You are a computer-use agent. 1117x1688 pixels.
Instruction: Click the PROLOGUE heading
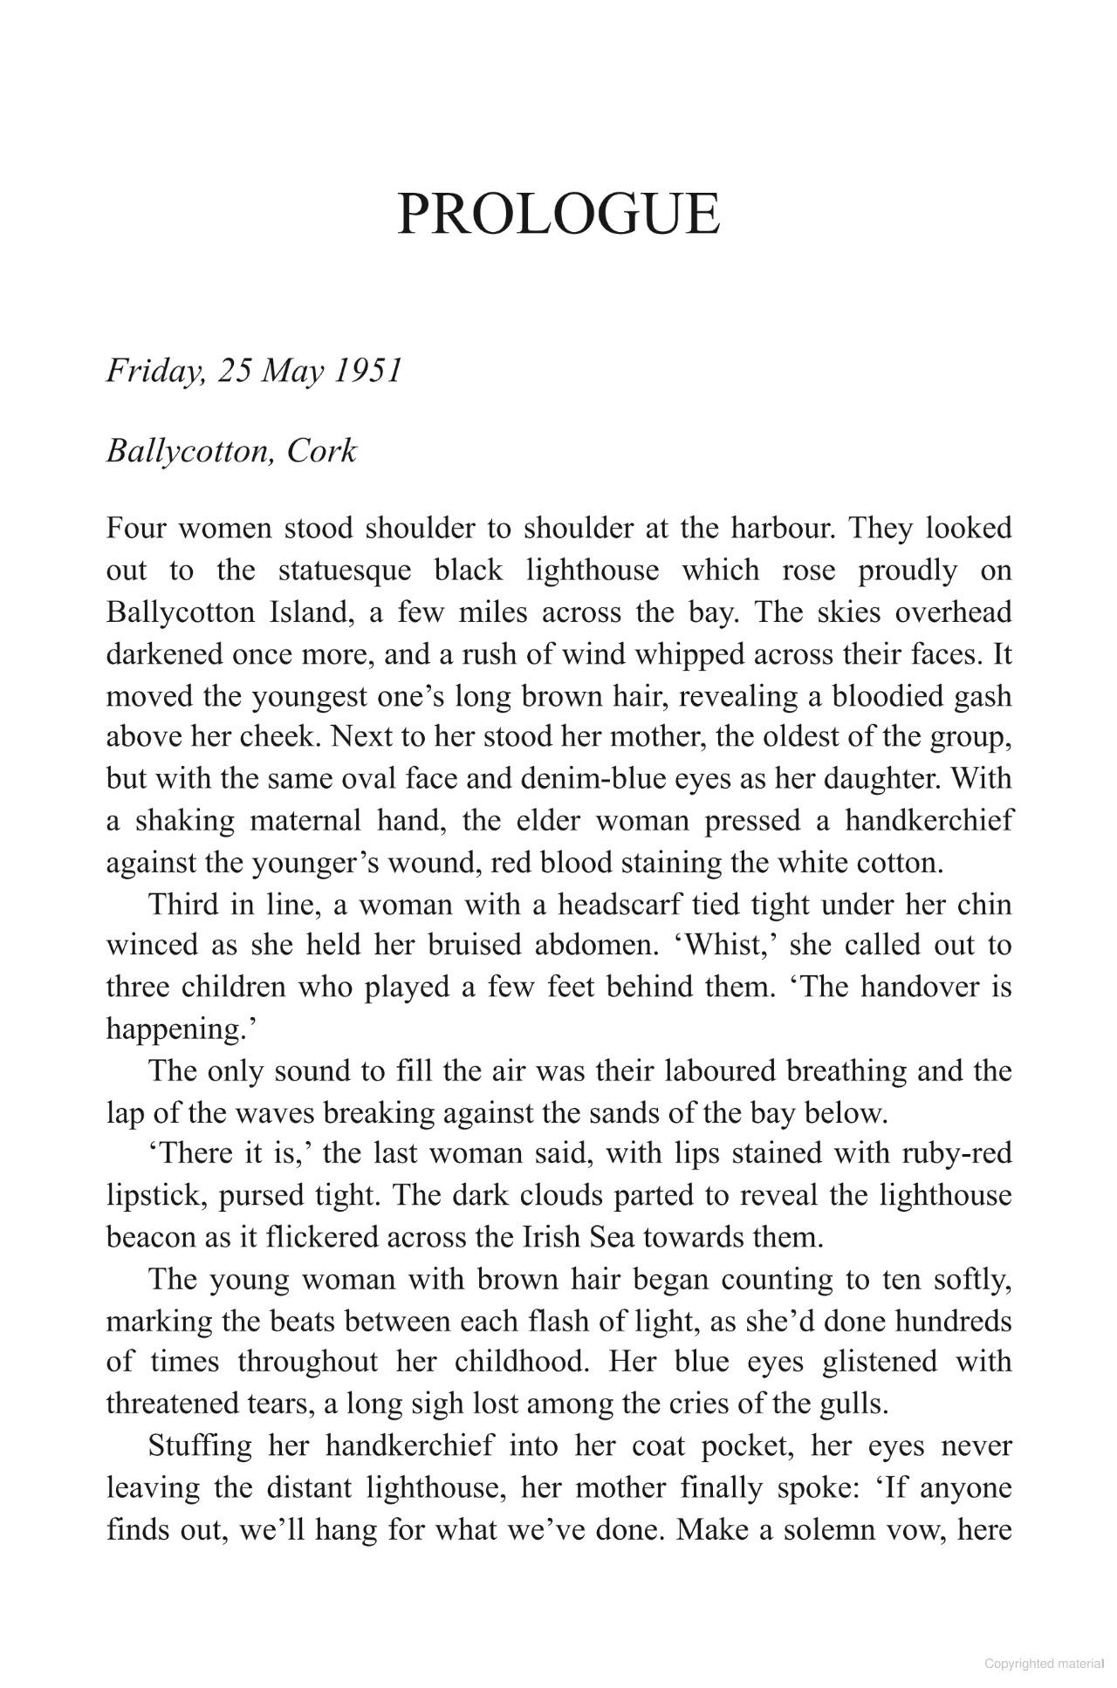pos(558,214)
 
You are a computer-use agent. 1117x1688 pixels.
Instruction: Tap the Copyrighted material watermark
pos(1044,1664)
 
